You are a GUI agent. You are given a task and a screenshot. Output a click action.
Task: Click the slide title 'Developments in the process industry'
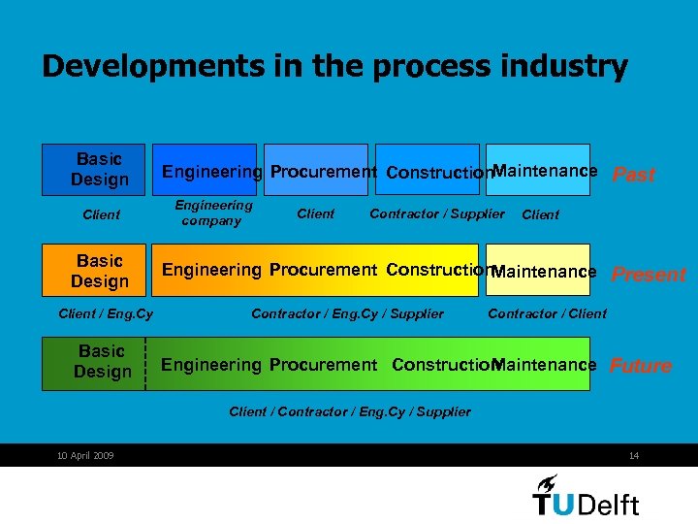pyautogui.click(x=334, y=67)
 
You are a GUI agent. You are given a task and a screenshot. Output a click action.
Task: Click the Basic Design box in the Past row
pyautogui.click(x=93, y=169)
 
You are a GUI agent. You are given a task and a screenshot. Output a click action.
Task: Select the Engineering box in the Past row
pyautogui.click(x=211, y=171)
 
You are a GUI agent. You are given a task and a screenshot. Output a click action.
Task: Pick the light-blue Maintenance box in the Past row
pyautogui.click(x=544, y=171)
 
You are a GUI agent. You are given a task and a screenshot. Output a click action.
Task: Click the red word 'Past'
pyautogui.click(x=634, y=175)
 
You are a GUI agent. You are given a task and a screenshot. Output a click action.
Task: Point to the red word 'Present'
pyautogui.click(x=649, y=275)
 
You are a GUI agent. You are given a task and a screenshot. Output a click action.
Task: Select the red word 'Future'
pyautogui.click(x=640, y=366)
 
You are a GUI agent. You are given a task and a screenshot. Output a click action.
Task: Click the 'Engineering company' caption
pyautogui.click(x=212, y=213)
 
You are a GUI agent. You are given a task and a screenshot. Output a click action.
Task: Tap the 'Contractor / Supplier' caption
pyautogui.click(x=437, y=213)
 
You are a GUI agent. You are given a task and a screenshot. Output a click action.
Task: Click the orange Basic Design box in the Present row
pyautogui.click(x=93, y=270)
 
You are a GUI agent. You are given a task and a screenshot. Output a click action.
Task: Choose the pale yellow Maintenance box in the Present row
pyautogui.click(x=544, y=271)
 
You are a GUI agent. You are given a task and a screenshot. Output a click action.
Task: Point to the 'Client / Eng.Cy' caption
pyautogui.click(x=106, y=313)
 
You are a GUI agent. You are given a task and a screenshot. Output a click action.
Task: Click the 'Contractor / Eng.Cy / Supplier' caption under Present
pyautogui.click(x=347, y=313)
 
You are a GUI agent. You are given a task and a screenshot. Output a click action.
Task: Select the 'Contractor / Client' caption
pyautogui.click(x=547, y=313)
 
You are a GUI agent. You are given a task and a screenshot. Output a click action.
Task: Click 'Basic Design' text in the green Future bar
pyautogui.click(x=102, y=362)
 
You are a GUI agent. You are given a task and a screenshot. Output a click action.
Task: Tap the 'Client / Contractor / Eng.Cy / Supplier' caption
pyautogui.click(x=350, y=411)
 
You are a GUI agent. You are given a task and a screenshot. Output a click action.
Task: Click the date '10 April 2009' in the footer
pyautogui.click(x=85, y=456)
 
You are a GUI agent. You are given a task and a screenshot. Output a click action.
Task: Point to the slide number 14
pyautogui.click(x=634, y=456)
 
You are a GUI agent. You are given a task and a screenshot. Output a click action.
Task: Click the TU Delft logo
pyautogui.click(x=586, y=496)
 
